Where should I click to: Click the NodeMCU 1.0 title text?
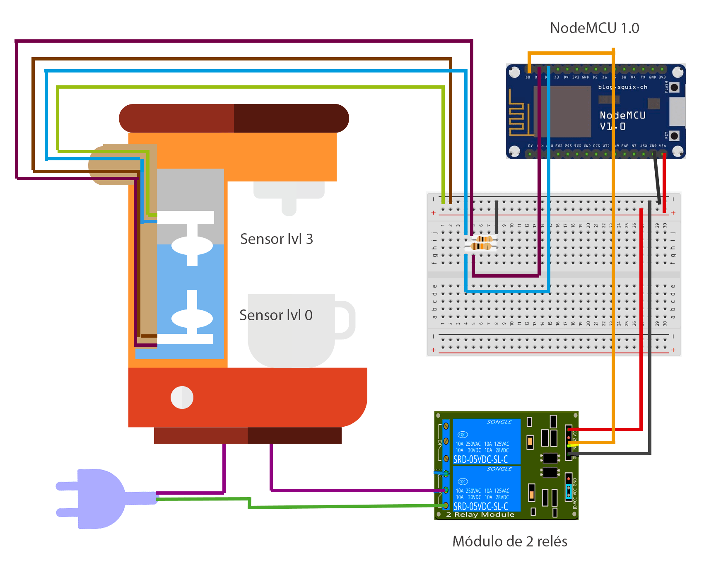coord(594,28)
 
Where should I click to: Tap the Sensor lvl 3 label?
coord(276,239)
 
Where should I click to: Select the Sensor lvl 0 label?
coord(276,315)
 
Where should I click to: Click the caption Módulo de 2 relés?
coord(509,541)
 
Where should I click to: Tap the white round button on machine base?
coord(182,398)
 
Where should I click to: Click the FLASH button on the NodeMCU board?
coord(675,87)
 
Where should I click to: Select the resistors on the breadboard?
coord(481,243)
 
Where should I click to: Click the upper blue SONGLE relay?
coord(486,442)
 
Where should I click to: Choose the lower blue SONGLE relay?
coord(486,489)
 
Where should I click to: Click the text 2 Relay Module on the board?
coord(480,515)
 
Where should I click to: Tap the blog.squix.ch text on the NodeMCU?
coord(622,87)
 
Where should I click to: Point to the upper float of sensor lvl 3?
coord(192,245)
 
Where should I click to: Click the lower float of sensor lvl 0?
coord(192,319)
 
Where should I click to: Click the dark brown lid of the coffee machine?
coord(234,118)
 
